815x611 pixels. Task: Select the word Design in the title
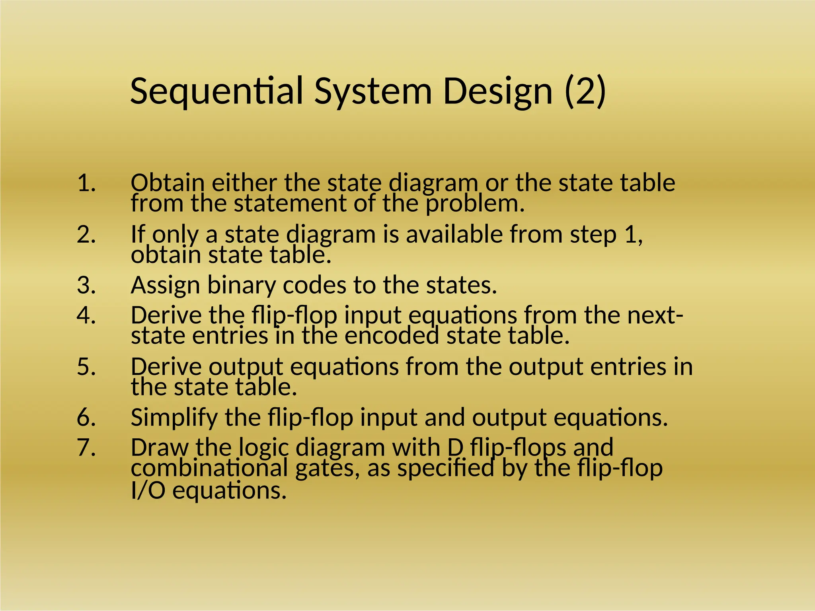(x=497, y=92)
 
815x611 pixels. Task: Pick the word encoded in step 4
(x=392, y=335)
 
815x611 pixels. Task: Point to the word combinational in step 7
(x=209, y=468)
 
